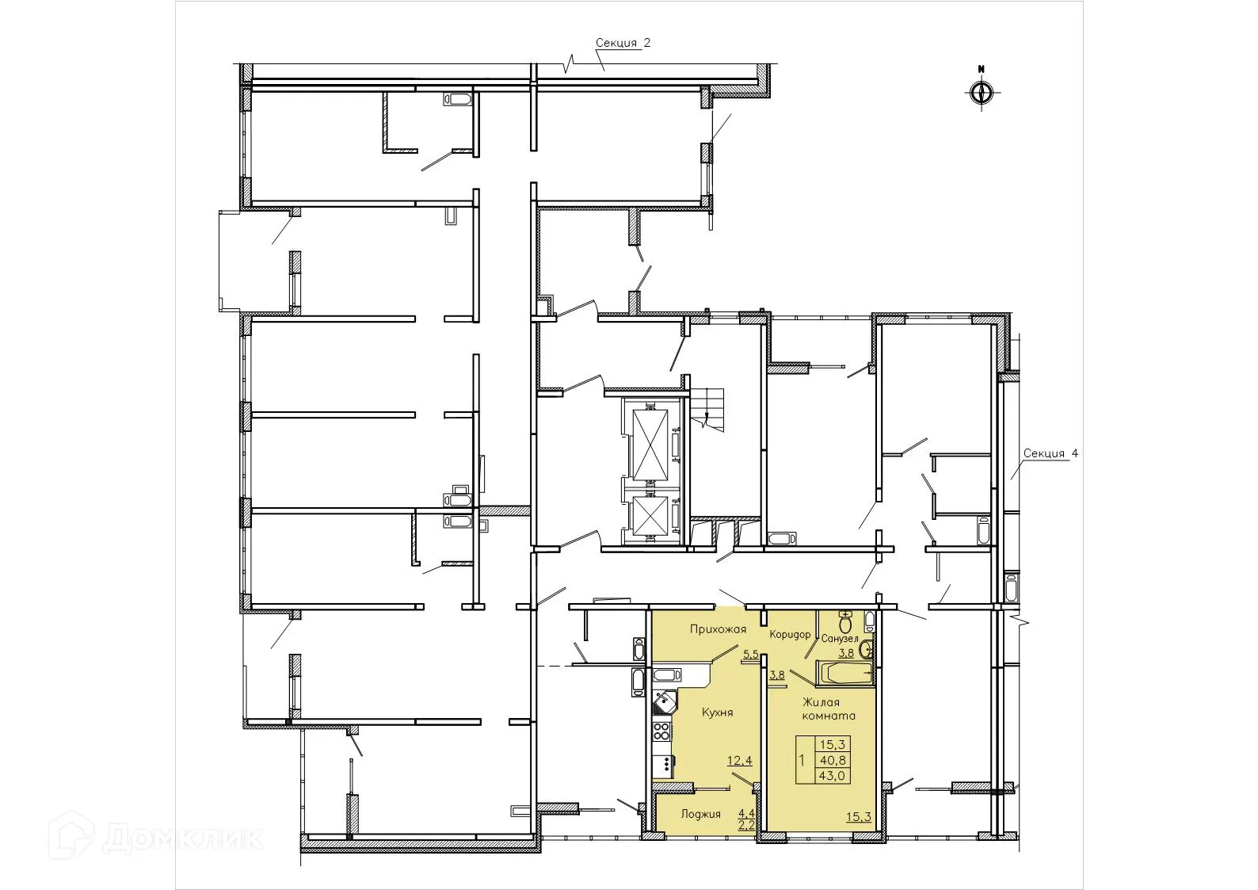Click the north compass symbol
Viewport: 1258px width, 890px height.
pos(981,92)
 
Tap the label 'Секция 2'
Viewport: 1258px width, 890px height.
pos(623,44)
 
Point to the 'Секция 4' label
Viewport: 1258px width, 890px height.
pos(1050,454)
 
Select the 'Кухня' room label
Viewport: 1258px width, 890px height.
pos(717,712)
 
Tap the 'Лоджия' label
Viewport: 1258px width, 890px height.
pos(700,814)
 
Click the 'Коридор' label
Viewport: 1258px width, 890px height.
pos(791,635)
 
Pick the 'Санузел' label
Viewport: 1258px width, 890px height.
pos(840,638)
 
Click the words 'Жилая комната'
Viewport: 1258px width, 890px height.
pos(828,709)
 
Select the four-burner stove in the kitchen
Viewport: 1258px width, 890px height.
pos(661,729)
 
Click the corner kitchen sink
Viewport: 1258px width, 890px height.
pos(663,701)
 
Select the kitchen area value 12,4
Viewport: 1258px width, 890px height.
pos(738,761)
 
